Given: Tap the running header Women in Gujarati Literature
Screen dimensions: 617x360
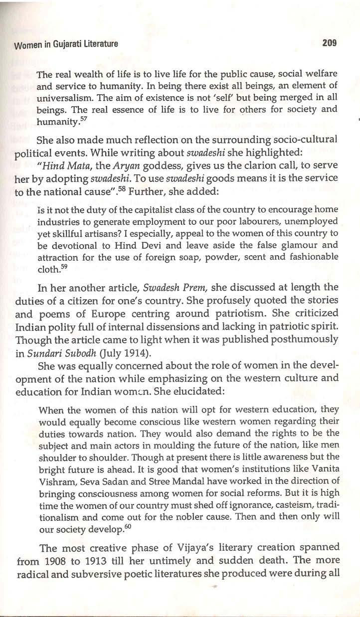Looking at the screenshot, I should tap(66, 44).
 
